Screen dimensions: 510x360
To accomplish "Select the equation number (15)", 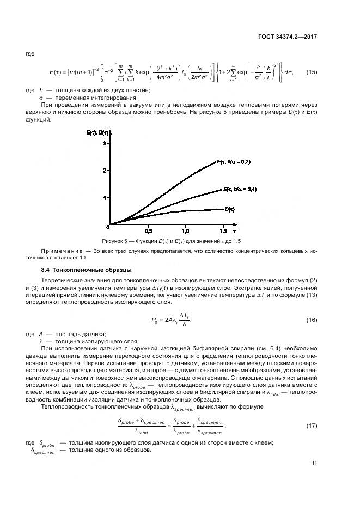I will tap(311, 72).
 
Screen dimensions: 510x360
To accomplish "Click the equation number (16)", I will tap(311, 320).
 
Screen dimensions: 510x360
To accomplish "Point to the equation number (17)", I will tap(311, 425).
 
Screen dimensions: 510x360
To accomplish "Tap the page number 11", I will tap(314, 463).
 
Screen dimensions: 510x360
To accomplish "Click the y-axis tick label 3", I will tap(103, 143).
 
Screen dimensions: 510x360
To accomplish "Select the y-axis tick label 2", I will tap(103, 171).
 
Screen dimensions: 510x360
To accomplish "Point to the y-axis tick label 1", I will tap(103, 198).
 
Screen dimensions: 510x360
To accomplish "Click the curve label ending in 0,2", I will tap(233, 162).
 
